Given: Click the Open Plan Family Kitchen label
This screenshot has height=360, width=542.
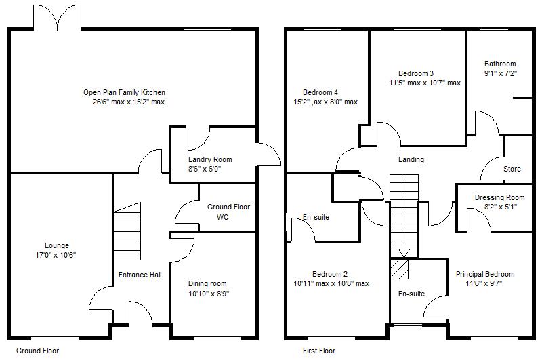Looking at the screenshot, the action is click(124, 92).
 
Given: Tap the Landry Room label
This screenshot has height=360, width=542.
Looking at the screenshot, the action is click(210, 159).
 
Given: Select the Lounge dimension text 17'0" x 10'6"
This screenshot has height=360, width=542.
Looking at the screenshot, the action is click(56, 255).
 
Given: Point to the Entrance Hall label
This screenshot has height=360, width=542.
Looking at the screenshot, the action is click(140, 275).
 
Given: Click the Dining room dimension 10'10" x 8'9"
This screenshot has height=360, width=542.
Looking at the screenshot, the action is click(209, 294).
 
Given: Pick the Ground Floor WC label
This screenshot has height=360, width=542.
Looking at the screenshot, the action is click(228, 212).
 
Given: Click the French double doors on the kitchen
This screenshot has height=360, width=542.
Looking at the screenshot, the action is click(58, 18).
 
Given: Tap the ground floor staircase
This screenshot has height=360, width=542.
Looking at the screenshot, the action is click(127, 231).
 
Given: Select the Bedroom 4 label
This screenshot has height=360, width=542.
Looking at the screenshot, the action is click(320, 92).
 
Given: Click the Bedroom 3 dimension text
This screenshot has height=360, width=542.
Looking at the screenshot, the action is click(425, 83).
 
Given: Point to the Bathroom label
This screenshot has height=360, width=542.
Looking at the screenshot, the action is click(500, 64).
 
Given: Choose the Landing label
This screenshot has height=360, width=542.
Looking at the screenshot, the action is click(411, 159).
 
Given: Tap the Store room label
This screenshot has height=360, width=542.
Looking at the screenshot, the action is click(512, 169).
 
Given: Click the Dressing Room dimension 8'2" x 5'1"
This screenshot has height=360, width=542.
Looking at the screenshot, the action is click(501, 207).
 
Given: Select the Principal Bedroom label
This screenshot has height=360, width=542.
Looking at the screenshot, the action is click(485, 274).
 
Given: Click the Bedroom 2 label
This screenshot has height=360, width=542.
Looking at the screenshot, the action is click(330, 274).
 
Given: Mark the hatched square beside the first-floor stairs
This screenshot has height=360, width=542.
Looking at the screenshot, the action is click(399, 269).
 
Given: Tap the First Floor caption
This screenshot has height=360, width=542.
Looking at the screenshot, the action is click(319, 351).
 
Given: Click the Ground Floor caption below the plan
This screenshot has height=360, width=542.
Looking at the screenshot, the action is click(38, 351).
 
